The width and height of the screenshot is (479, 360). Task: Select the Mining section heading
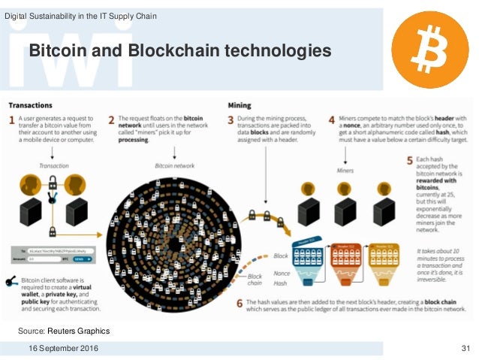pos(241,105)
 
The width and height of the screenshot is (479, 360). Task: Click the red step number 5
pos(410,160)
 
